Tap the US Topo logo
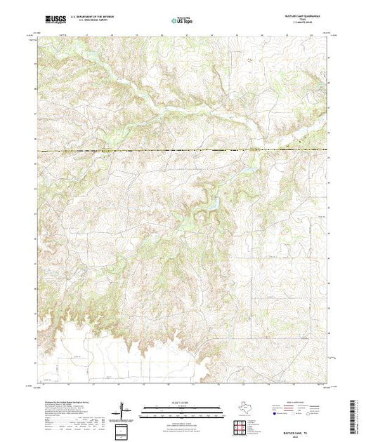click(183, 21)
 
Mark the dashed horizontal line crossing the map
click(183, 151)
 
